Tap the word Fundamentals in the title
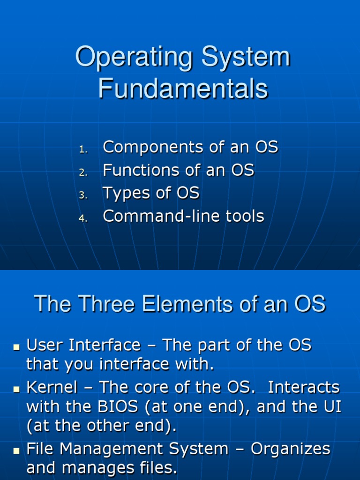click(183, 88)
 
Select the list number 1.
click(83, 150)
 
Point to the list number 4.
click(83, 218)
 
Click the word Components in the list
click(153, 147)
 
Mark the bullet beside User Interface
click(16, 347)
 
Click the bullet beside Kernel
click(16, 390)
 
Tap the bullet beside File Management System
click(16, 451)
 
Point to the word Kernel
click(52, 387)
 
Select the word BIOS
click(118, 406)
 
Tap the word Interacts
click(304, 387)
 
